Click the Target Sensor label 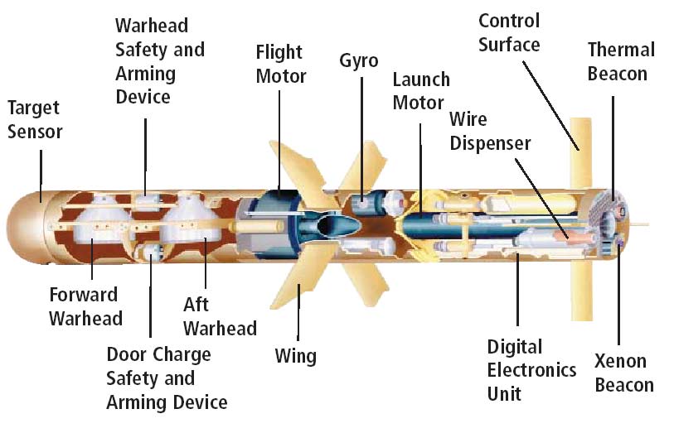(35, 119)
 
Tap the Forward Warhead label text (85, 306)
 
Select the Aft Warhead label (220, 316)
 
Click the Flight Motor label (281, 65)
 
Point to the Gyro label (359, 60)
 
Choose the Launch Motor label (420, 91)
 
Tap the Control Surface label (509, 32)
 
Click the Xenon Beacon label (623, 373)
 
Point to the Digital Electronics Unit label (530, 369)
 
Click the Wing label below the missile (295, 357)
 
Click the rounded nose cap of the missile (20, 219)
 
